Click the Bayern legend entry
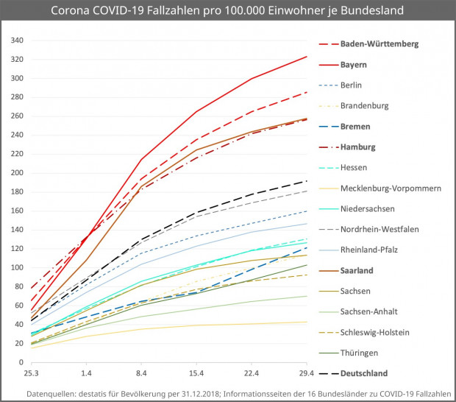[354, 65]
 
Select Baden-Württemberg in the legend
[380, 44]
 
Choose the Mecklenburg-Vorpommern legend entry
[389, 188]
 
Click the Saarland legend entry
[358, 270]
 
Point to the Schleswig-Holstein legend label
[375, 332]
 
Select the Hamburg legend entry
[358, 147]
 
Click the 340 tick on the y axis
[18, 40]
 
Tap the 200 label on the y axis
[18, 173]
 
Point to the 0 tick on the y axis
[23, 362]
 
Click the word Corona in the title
[72, 11]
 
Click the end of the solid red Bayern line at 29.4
[307, 57]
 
